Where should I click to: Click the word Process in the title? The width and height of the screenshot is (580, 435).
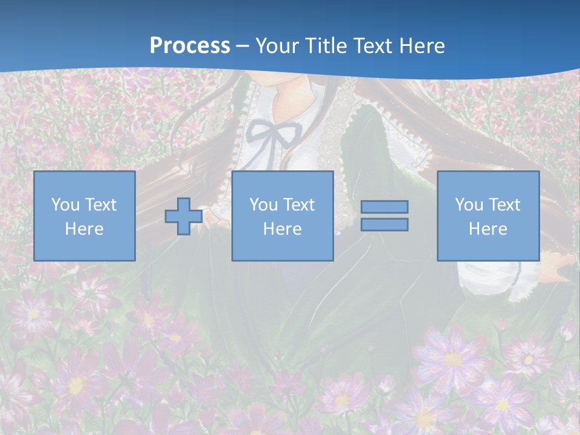[190, 46]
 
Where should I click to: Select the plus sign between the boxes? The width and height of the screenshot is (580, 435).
[184, 216]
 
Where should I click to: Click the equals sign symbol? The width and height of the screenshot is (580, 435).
[384, 216]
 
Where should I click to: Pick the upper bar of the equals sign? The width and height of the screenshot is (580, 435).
[384, 207]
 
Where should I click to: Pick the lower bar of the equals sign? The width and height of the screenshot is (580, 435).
[384, 224]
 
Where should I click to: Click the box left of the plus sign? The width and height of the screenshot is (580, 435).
[85, 216]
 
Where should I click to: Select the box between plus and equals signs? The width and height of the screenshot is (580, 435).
[282, 216]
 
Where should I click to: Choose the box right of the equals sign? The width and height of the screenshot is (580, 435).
[488, 216]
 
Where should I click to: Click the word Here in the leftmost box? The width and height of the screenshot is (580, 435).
[85, 229]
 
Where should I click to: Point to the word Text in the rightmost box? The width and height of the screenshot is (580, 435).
[504, 205]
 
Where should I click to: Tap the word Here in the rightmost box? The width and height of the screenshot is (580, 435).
[488, 229]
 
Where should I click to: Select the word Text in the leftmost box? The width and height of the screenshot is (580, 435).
[100, 205]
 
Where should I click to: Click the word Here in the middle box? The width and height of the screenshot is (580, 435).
[282, 229]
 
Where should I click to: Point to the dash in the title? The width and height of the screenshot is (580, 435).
[242, 46]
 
